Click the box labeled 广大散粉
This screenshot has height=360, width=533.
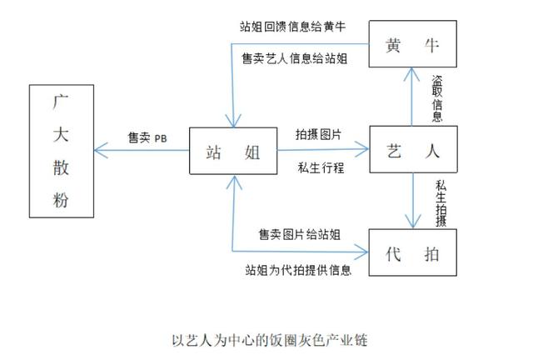[x=62, y=151]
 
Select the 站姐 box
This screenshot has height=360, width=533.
[x=232, y=152]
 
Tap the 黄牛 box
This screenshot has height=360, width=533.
[x=412, y=46]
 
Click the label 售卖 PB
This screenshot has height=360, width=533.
[x=147, y=138]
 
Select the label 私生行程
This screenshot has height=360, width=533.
[x=320, y=167]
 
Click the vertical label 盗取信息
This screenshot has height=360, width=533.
[x=437, y=98]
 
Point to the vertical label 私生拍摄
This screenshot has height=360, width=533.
[x=440, y=203]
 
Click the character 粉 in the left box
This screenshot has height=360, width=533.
[x=62, y=200]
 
